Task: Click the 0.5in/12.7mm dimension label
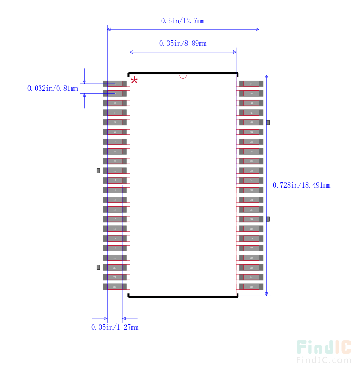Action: [x=183, y=21]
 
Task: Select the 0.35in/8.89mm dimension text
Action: [x=183, y=44]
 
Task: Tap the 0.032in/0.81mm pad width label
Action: [x=53, y=89]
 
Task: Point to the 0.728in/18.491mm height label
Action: [x=301, y=185]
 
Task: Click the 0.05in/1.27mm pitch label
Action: [x=115, y=327]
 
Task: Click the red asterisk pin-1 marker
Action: [x=134, y=81]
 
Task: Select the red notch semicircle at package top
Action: [x=183, y=76]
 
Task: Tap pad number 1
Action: [x=115, y=84]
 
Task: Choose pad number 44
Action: [x=251, y=84]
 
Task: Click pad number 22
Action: [x=115, y=287]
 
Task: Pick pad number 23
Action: [x=251, y=287]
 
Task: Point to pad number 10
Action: [x=115, y=171]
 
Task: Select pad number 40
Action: [x=251, y=122]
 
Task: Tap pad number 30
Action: [x=251, y=219]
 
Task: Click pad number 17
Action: [x=115, y=238]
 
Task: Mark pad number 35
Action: [x=251, y=171]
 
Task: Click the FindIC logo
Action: [x=324, y=351]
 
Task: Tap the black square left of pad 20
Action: [x=98, y=267]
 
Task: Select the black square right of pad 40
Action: [x=268, y=122]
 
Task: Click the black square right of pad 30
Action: [x=268, y=219]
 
